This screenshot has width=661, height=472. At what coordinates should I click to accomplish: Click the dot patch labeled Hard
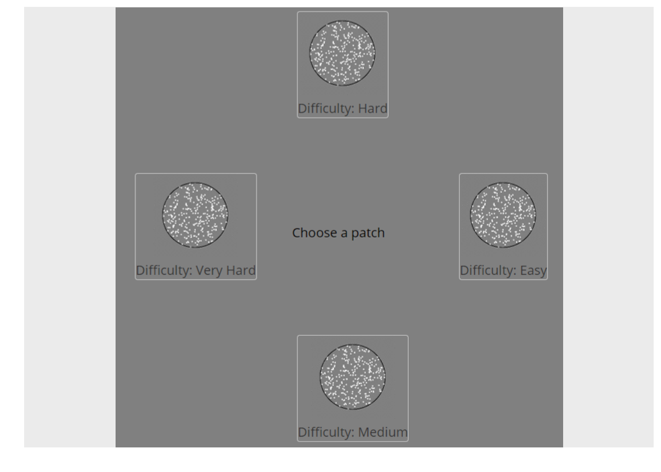pos(343,53)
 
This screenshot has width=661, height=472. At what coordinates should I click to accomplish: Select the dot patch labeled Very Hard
pos(195,215)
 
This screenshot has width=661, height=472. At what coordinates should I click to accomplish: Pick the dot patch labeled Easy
pos(503,215)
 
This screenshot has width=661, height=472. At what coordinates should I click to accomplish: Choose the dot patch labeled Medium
pos(353,377)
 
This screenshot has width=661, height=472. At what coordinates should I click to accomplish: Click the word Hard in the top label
pos(373,109)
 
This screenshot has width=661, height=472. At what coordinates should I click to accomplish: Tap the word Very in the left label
pos(209,271)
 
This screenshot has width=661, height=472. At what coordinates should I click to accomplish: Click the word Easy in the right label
pos(533,271)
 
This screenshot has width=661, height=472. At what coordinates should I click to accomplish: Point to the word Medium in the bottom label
pos(383,432)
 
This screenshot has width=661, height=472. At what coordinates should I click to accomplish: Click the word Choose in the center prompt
pos(315,233)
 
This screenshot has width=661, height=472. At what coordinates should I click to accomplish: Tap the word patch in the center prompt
pos(368,234)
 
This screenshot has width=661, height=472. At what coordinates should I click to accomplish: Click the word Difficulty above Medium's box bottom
pos(326,433)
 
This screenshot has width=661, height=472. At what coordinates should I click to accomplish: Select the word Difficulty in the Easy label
pos(488,271)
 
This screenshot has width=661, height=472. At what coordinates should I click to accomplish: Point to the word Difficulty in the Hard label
pos(326,109)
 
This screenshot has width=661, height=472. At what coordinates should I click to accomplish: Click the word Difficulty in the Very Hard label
pos(164,271)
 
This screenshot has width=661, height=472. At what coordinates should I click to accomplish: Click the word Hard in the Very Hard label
pos(241,270)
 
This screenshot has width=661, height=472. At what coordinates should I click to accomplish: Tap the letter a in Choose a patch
pos(344,234)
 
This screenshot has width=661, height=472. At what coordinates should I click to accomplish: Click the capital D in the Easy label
pos(465,270)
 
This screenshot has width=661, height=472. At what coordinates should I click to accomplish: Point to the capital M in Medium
pos(364,432)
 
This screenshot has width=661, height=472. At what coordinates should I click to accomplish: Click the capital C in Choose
pos(297,233)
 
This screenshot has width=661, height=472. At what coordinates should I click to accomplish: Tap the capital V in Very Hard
pos(201,270)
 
